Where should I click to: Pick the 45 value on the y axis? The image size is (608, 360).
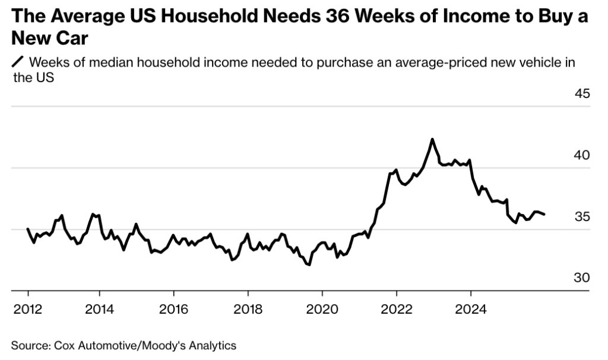click(582, 94)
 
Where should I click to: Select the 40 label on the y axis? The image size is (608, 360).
click(582, 156)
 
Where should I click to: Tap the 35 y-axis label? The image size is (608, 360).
click(582, 217)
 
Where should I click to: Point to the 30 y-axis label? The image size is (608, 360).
click(582, 278)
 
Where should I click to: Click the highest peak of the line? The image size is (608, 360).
click(432, 139)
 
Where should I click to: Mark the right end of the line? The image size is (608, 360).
click(545, 214)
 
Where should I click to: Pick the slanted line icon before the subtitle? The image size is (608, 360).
click(18, 62)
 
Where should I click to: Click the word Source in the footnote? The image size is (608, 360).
click(28, 345)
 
